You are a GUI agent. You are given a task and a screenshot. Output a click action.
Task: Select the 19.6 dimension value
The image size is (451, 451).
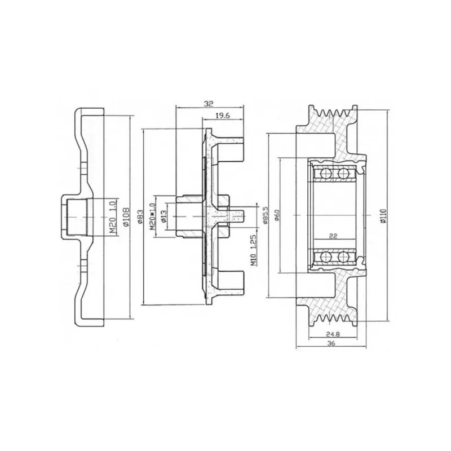[223, 116]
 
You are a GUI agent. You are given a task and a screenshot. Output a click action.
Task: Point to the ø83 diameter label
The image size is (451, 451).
[140, 216]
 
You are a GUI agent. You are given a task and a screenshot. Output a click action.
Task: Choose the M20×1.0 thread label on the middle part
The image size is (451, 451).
[152, 216]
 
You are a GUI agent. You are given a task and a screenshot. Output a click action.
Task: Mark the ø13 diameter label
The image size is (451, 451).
[163, 216]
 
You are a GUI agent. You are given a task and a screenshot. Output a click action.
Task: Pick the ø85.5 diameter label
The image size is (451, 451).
[265, 215]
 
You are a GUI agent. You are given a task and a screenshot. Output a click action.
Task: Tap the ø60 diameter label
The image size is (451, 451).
[277, 215]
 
